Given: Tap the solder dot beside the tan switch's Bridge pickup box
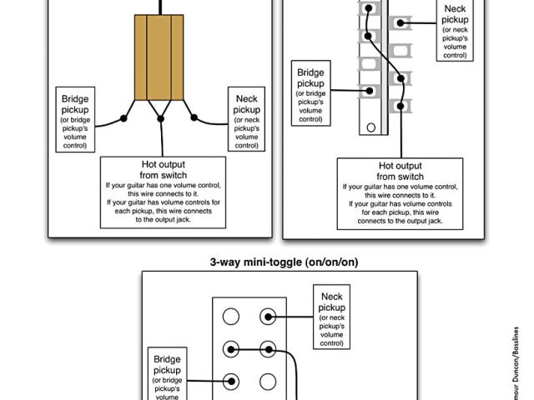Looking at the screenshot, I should coord(124,118).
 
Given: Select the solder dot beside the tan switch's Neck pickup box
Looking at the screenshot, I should coord(194,117).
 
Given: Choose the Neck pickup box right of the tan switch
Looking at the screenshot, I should coord(246,118).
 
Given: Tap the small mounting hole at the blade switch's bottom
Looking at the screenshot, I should coord(371,128).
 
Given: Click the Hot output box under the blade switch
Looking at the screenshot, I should coord(400,194).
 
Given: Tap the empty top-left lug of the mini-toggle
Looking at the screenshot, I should coord(231,316).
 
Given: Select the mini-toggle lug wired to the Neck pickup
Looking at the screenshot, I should coord(268,316).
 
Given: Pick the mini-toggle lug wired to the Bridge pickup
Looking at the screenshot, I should coord(231,382).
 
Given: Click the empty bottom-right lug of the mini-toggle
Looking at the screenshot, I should coord(268,382).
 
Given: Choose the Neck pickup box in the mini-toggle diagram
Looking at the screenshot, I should coord(331,319).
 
